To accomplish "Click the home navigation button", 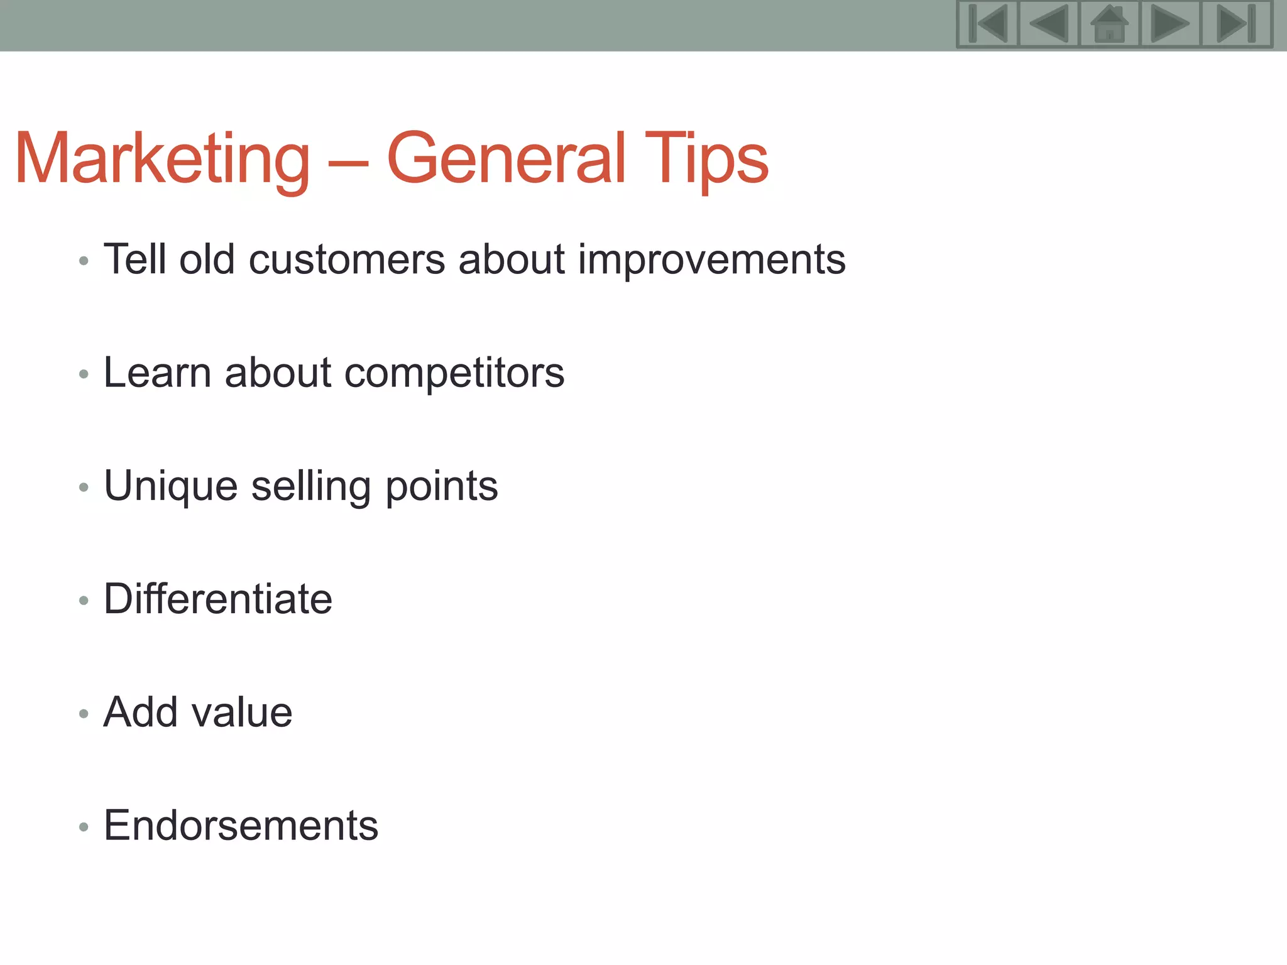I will tap(1109, 24).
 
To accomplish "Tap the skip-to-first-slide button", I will tap(988, 24).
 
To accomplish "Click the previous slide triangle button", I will tap(1049, 24).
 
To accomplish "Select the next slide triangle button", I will tap(1170, 24).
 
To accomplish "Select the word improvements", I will tap(711, 259).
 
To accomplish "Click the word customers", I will tap(347, 259).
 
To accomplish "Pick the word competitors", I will tap(454, 373).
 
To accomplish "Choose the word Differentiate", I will tap(218, 599).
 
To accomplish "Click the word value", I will tap(242, 712).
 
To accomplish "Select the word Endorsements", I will tap(241, 826).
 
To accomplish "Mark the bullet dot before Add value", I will tap(84, 714).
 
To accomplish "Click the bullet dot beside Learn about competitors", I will tap(84, 375).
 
